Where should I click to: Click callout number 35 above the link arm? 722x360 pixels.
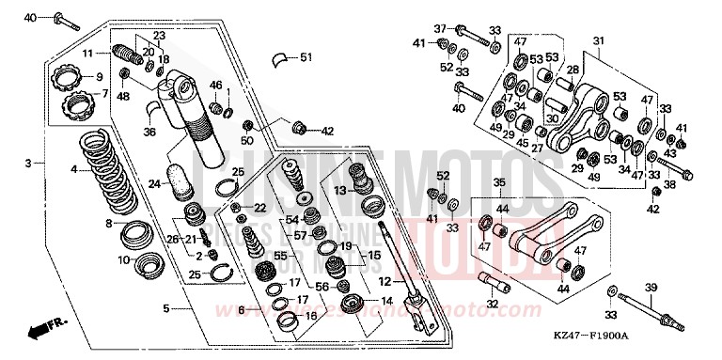499,182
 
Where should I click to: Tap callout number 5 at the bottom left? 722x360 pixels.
165,307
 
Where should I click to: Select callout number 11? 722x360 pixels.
86,54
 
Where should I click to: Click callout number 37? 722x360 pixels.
438,29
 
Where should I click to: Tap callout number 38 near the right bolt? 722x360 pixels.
670,184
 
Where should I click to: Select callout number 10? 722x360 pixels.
122,259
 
